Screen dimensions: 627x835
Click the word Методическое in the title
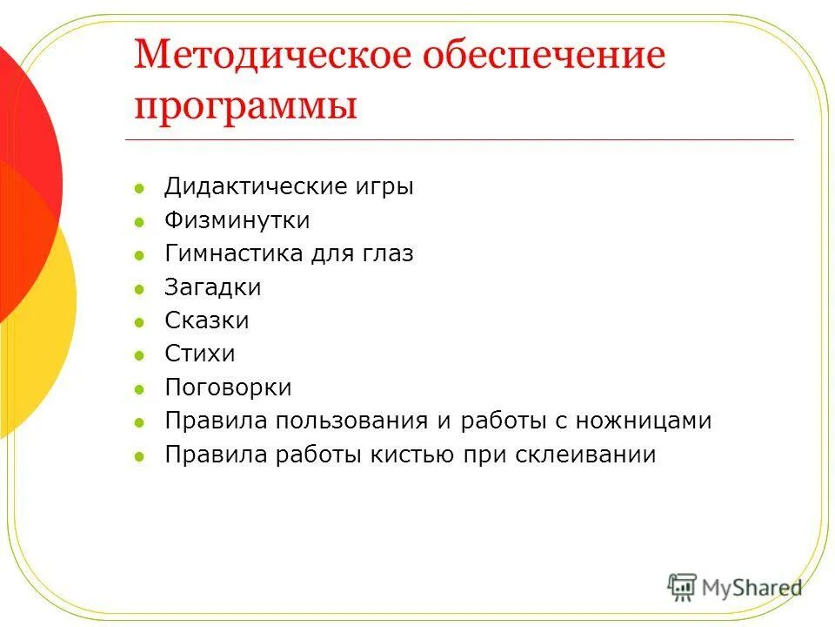click(271, 57)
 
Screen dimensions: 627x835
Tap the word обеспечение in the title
click(544, 57)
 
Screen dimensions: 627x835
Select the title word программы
click(245, 107)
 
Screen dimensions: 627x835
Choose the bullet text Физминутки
click(237, 220)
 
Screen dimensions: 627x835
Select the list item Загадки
click(212, 287)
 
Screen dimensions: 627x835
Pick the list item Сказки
click(207, 320)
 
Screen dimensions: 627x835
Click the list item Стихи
click(200, 354)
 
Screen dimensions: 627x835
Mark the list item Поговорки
click(228, 388)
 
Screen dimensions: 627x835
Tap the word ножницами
click(639, 421)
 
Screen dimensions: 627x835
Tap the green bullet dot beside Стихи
click(139, 355)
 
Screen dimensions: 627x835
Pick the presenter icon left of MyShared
click(682, 586)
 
